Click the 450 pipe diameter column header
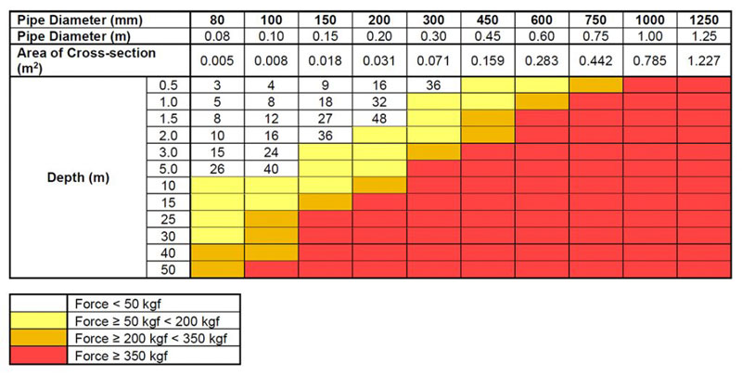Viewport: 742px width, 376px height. point(488,20)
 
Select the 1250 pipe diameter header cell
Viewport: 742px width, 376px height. point(703,20)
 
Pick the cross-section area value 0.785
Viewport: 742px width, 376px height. point(649,61)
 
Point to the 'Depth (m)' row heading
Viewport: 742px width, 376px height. point(78,177)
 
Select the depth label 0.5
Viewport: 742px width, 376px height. point(169,85)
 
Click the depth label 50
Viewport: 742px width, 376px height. point(169,268)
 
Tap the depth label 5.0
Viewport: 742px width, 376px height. point(169,168)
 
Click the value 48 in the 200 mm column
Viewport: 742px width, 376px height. point(378,119)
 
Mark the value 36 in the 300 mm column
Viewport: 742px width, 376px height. point(433,85)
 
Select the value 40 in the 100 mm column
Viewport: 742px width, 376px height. point(270,168)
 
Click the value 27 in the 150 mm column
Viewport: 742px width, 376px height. point(325,119)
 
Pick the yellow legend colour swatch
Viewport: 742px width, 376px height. point(39,320)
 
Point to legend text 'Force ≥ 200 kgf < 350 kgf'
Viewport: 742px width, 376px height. point(148,337)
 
